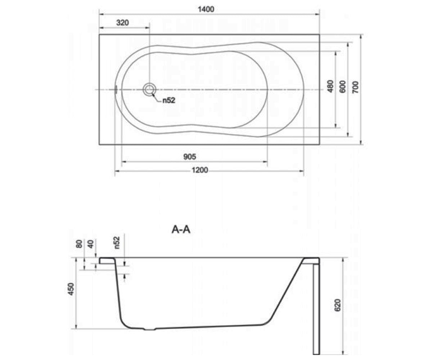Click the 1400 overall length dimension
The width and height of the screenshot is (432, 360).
206,9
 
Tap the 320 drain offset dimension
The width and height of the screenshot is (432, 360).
122,23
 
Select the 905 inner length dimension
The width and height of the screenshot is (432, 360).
189,157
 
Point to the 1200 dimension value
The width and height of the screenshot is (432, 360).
200,170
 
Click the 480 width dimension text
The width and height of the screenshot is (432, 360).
330,86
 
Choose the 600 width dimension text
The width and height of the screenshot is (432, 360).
343,87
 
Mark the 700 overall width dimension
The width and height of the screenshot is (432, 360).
355,87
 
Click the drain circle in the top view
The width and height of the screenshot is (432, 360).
149,90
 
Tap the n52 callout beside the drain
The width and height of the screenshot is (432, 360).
169,100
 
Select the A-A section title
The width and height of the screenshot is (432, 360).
181,230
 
